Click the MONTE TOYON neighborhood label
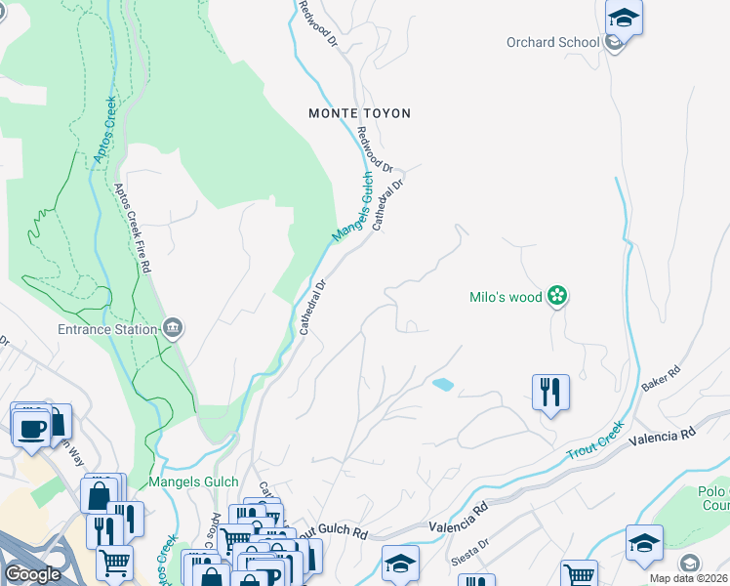tap(359, 113)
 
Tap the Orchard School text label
tap(552, 42)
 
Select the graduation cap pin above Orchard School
tap(623, 19)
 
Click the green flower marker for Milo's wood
tap(556, 295)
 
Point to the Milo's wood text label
tap(506, 298)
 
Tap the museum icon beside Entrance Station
tap(173, 326)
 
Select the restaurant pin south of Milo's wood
tap(550, 393)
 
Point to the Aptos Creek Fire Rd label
tap(134, 229)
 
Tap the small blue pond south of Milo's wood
tap(442, 384)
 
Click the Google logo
tap(32, 574)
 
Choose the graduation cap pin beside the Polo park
tap(644, 543)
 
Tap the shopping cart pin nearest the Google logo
tap(114, 563)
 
